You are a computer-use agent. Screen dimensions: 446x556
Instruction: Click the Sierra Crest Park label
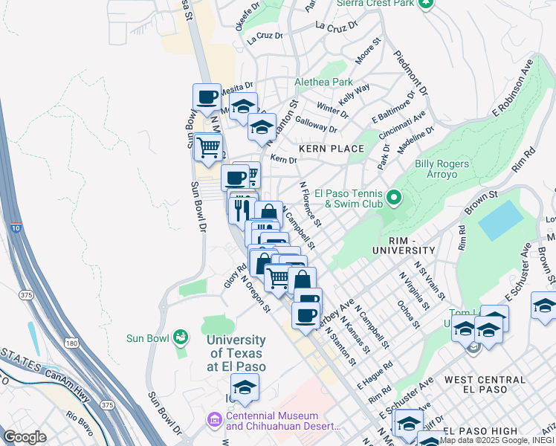coord(372,4)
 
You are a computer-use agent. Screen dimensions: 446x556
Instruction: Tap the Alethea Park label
coord(324,82)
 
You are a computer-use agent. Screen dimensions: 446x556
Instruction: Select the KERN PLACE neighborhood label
coord(332,149)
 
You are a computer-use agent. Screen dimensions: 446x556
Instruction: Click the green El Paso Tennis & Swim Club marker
coord(394,198)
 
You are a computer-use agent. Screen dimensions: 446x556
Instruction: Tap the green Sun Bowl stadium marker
coord(179,338)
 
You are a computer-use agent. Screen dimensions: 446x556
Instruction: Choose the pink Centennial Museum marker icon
coord(215,421)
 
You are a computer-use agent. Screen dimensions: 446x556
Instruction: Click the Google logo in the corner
coord(25,437)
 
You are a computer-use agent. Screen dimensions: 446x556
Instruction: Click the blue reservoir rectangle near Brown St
coord(501,220)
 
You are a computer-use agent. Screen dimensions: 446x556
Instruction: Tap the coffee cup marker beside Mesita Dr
coord(207,97)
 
